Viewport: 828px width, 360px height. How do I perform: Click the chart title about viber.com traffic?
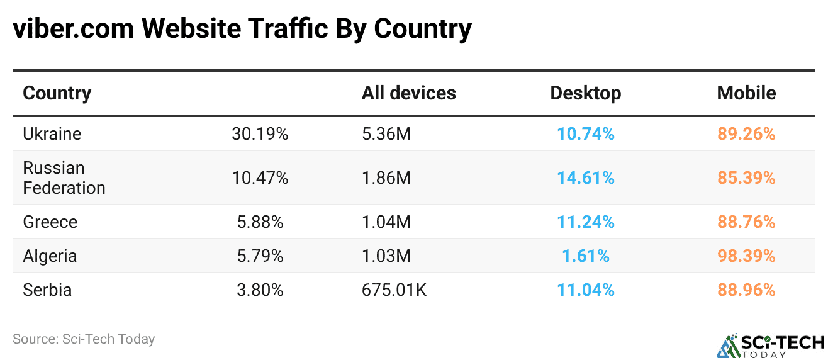(x=242, y=30)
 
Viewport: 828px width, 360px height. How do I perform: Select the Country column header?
(x=57, y=93)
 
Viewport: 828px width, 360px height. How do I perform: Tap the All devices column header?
(x=408, y=93)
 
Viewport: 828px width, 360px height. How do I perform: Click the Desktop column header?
(x=585, y=93)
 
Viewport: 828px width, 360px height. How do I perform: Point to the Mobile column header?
(x=746, y=93)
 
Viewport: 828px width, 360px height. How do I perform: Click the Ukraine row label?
(x=52, y=134)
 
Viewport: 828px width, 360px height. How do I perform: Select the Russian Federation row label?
(x=64, y=178)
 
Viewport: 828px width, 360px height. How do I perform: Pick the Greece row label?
(x=50, y=222)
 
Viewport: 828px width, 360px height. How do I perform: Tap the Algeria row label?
(x=50, y=256)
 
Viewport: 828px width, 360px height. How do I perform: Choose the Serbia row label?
(x=47, y=290)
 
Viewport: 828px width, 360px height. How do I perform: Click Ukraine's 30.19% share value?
(x=260, y=134)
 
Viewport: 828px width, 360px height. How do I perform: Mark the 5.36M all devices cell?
(x=386, y=134)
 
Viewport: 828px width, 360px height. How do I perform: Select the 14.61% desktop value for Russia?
(x=585, y=178)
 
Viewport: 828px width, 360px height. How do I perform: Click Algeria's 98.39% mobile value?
(x=746, y=256)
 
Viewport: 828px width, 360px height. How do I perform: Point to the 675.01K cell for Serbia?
(x=394, y=290)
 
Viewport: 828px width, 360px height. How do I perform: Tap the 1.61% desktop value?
(x=585, y=256)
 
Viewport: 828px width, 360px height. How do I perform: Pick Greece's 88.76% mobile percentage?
(x=746, y=222)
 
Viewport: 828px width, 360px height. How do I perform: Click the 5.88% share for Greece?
(x=257, y=222)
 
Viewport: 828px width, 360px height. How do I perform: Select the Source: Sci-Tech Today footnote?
(x=84, y=339)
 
